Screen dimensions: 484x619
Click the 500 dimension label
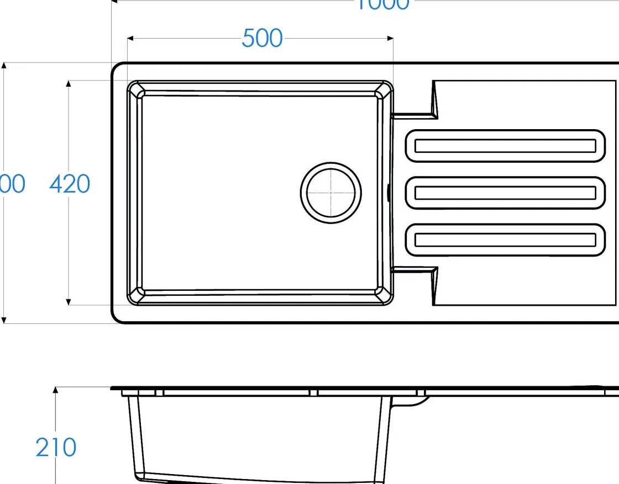click(x=262, y=39)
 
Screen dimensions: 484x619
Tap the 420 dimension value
click(x=70, y=184)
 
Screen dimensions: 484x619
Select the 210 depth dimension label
click(x=56, y=447)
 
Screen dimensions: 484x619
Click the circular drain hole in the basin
click(x=331, y=193)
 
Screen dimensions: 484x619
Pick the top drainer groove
click(x=505, y=146)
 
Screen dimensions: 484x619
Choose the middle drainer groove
click(x=505, y=193)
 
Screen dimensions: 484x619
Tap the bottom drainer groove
click(x=505, y=240)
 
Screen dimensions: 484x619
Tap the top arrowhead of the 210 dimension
click(x=55, y=390)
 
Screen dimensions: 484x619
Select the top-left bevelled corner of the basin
click(x=136, y=89)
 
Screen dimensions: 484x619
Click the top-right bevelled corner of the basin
click(x=384, y=90)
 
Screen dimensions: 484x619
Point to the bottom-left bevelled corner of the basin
click(x=136, y=296)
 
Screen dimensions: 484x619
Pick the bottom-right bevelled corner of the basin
click(x=384, y=296)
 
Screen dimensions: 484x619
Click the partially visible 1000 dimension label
click(x=381, y=4)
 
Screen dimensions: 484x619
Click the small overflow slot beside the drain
click(x=389, y=193)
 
